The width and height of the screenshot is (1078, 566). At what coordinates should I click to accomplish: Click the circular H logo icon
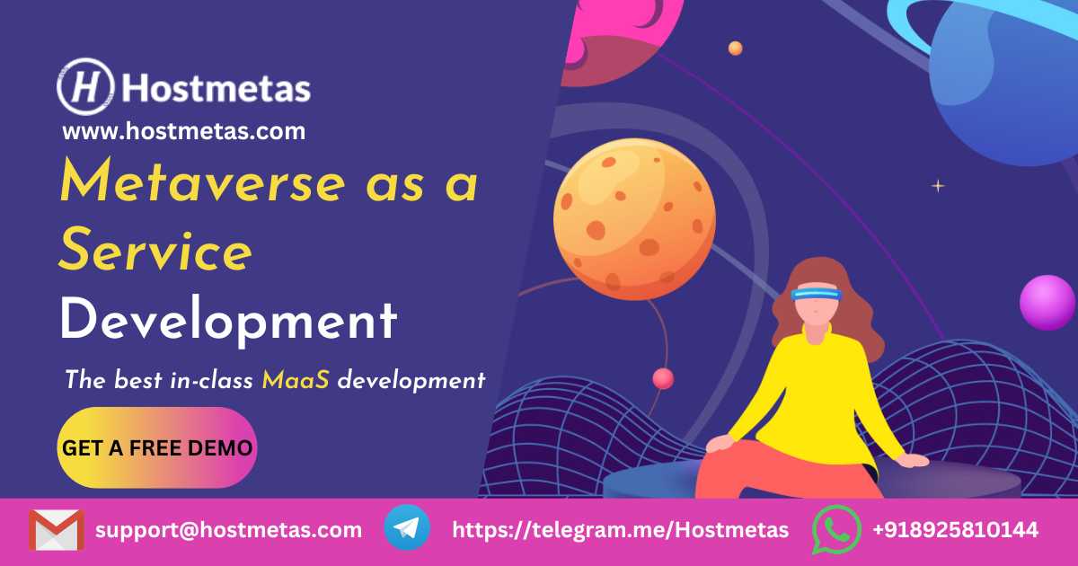coord(85,86)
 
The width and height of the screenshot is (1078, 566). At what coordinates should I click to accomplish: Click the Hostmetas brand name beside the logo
coord(216,88)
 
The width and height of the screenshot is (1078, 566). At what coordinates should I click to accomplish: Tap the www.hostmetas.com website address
coord(184,131)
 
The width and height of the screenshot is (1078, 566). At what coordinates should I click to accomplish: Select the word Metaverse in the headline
coord(203,180)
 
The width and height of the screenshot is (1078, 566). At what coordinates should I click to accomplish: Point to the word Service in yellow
coord(155,250)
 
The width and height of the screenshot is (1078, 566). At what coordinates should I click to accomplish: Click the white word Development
coord(228,319)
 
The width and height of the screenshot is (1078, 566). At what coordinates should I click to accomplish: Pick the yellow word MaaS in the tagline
coord(296,380)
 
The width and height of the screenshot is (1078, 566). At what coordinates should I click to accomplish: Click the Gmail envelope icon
coord(57,530)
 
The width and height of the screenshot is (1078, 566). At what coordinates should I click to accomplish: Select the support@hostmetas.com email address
coord(228,530)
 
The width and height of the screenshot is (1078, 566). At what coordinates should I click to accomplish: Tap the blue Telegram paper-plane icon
coord(407,527)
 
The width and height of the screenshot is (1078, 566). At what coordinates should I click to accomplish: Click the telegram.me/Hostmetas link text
coord(621,530)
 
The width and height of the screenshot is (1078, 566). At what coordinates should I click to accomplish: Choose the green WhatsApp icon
coord(836,529)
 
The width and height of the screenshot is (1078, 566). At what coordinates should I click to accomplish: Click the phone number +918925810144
coord(955,530)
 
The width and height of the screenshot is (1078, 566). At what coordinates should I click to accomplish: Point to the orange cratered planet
coord(634,219)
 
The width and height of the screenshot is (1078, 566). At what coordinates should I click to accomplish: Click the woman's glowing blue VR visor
coord(817,295)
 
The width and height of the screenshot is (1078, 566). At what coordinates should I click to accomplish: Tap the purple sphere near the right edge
coord(1047,302)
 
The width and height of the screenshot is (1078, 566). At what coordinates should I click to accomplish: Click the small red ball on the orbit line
coord(663,378)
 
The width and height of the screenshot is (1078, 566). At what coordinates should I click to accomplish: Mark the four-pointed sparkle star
coord(938,185)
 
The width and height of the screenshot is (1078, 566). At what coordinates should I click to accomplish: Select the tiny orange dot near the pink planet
coord(736,49)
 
